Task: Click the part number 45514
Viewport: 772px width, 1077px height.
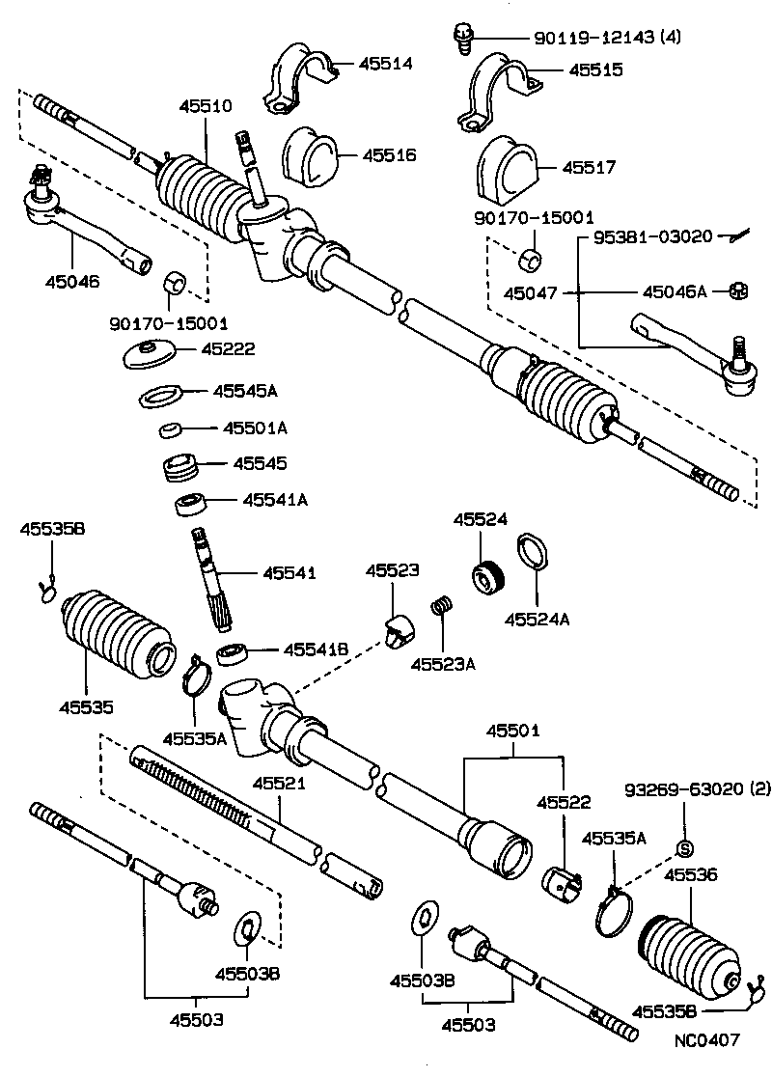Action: pos(386,65)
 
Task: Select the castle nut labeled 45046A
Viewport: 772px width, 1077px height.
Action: pos(736,290)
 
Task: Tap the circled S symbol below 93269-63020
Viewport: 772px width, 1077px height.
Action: pos(686,848)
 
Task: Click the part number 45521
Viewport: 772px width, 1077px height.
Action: pos(280,783)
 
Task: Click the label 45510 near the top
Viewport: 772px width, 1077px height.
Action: pos(205,106)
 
